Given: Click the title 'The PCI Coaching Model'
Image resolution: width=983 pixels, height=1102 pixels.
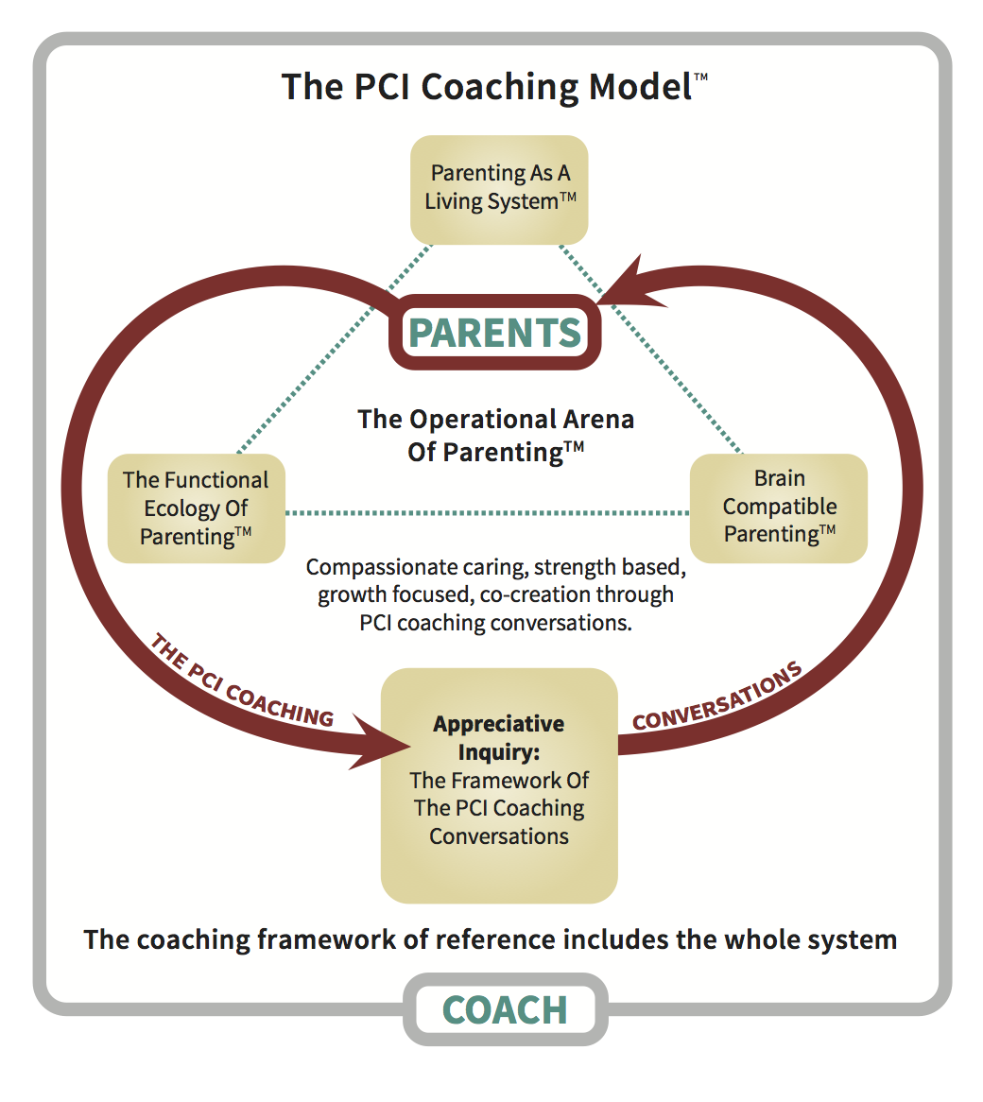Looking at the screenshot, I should click(487, 87).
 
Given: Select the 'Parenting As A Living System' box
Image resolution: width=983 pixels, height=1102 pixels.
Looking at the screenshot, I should click(499, 189).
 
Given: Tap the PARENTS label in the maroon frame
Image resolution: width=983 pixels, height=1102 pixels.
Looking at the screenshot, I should click(495, 333).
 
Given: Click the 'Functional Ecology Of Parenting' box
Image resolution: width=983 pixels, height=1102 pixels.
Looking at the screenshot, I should click(197, 508).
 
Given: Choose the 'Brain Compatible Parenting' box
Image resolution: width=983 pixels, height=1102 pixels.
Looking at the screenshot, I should click(779, 508).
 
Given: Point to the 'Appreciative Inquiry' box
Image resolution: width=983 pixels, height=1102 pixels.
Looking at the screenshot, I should click(499, 784).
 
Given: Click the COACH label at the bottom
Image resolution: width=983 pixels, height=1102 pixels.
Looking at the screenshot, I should click(505, 1010).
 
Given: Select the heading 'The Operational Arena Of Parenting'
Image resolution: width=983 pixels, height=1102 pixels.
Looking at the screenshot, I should click(495, 435).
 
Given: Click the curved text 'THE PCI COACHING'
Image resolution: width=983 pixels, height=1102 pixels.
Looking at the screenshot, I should click(241, 682).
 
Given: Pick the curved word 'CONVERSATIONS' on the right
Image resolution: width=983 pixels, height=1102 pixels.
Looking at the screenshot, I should click(717, 698).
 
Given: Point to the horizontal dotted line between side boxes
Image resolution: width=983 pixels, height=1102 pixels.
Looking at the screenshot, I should click(487, 513).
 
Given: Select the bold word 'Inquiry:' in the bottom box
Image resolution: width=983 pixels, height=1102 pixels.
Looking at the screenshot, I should click(498, 752).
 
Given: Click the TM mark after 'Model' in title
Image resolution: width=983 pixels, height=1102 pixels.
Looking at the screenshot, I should click(700, 77).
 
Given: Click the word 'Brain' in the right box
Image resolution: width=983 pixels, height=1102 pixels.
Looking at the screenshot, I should click(779, 478).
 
